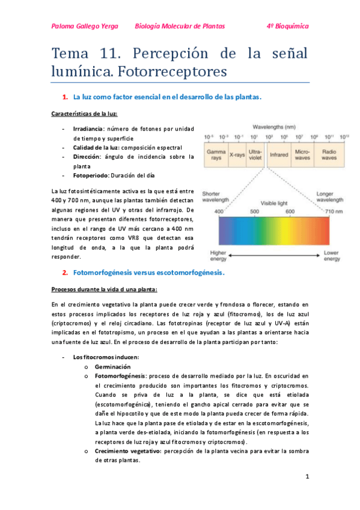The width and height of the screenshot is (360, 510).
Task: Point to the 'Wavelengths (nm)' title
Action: pos(273,127)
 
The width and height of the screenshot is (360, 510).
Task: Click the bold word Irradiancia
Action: pos(88,129)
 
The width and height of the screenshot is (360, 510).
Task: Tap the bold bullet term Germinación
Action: pos(114,366)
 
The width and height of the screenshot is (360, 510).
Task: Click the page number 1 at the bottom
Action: pos(307,477)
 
